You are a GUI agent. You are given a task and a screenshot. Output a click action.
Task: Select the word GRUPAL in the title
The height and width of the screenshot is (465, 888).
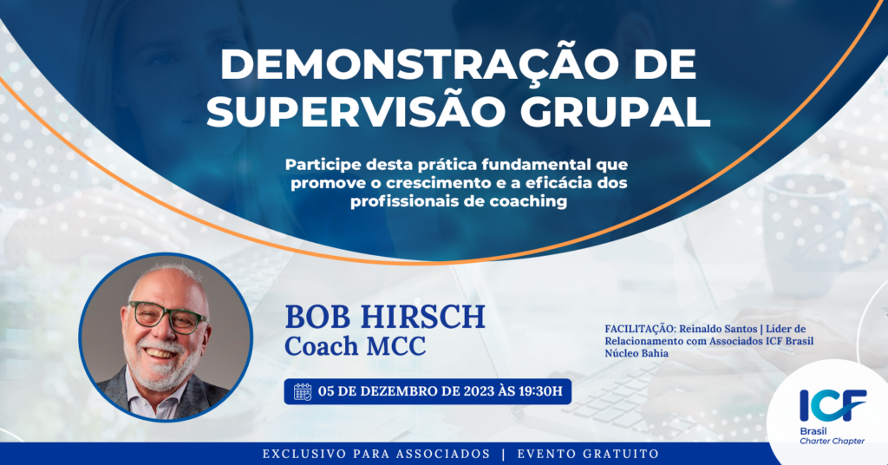[x=615, y=112]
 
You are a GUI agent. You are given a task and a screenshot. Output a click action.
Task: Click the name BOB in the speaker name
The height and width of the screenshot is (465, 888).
[x=318, y=317]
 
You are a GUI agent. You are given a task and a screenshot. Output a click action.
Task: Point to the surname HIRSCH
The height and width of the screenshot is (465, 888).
[x=423, y=317]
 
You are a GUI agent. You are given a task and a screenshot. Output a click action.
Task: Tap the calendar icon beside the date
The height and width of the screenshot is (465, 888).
[x=303, y=392]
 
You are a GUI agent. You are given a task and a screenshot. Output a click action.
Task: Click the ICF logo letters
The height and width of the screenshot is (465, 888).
[x=833, y=405]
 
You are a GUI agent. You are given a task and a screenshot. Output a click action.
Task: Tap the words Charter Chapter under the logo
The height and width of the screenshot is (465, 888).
[x=832, y=442]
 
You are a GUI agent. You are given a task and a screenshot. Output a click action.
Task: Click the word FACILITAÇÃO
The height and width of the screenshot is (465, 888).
[x=639, y=329]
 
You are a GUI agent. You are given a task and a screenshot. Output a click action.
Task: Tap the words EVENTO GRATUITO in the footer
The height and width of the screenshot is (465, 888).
[x=588, y=455]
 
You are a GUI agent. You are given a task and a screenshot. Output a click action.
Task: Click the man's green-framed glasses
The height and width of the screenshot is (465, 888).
[x=168, y=318]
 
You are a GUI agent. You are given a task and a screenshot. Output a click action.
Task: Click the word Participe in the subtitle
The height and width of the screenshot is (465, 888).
[x=323, y=166]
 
